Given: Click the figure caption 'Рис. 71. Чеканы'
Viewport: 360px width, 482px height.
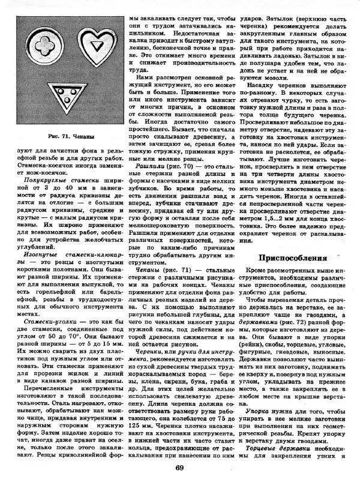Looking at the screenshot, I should point(64,154).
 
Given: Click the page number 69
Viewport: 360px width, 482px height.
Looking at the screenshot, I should point(179,469).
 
